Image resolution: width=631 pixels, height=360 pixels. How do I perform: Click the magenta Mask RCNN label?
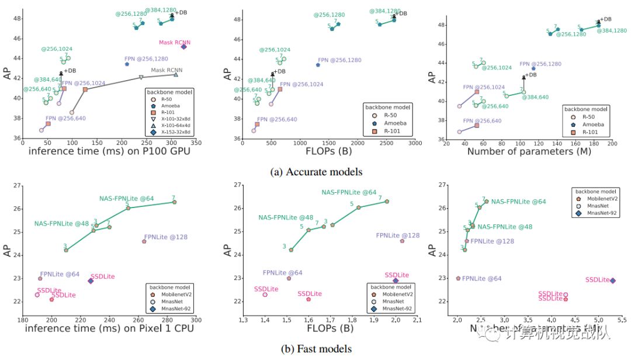175,42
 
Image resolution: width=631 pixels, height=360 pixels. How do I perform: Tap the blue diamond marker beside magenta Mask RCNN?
183,47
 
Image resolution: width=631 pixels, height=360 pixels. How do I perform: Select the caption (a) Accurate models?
315,172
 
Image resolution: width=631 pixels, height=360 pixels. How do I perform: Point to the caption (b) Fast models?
316,348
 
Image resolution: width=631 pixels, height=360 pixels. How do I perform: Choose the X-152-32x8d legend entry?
172,132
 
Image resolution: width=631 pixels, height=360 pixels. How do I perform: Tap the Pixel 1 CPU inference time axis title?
109,329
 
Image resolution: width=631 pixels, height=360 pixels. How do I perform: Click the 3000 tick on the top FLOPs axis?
415,143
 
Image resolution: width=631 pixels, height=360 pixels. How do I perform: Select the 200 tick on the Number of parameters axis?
612,144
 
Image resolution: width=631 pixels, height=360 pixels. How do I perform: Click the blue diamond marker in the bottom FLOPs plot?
396,281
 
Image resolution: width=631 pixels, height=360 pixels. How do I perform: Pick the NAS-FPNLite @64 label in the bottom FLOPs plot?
349,192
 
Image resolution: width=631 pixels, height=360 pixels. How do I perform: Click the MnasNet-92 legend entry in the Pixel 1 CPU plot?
172,308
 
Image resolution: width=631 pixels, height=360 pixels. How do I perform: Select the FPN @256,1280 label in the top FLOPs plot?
339,60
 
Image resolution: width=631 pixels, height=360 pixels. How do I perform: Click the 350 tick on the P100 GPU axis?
196,143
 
